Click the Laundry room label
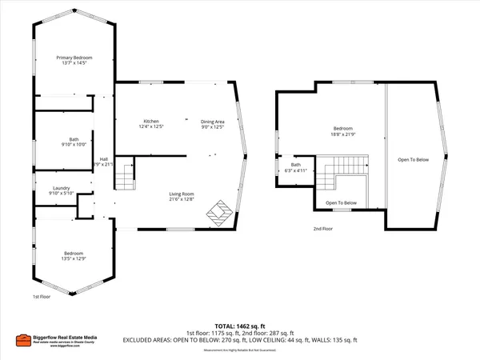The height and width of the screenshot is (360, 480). pos(61,190)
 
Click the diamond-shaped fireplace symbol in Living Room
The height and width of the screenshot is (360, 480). pos(220,212)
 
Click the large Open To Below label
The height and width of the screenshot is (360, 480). pos(414,160)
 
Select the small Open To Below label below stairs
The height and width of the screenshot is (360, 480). pos(341,202)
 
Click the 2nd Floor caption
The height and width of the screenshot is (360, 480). pos(323,229)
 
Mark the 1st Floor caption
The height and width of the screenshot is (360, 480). pos(42,297)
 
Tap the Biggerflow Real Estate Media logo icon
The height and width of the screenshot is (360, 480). pos(22,341)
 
